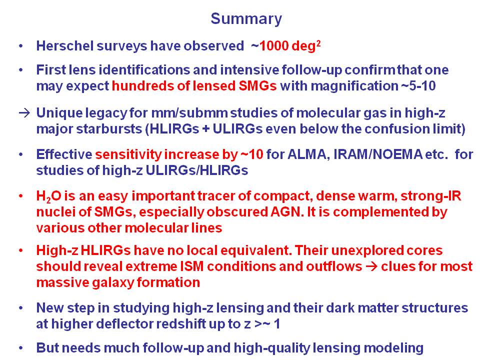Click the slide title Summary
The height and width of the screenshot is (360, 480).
[246, 19]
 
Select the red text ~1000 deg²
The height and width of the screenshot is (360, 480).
[286, 46]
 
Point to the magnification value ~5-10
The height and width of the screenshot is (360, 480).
[418, 85]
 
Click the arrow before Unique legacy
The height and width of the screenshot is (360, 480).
[24, 113]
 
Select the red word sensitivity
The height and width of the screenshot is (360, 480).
[128, 154]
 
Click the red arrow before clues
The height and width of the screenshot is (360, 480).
[371, 266]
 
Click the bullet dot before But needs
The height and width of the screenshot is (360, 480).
[21, 348]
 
